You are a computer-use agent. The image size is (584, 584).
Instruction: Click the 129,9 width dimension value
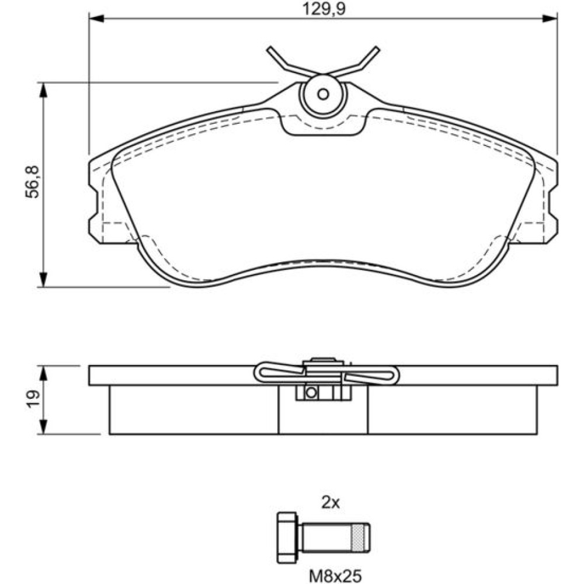coord(324,9)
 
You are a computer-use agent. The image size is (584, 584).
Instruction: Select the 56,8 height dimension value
coord(32,182)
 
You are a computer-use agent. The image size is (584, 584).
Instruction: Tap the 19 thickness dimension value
coord(33,399)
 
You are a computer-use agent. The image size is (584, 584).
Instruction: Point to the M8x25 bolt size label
coord(335,576)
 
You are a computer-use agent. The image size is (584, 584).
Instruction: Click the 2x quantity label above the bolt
coord(331,503)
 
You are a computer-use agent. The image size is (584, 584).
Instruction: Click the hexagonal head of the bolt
coord(287,537)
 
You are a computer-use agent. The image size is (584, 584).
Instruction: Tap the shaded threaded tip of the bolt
coord(359,537)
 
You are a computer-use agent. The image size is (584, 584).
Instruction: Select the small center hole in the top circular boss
coord(323,94)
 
